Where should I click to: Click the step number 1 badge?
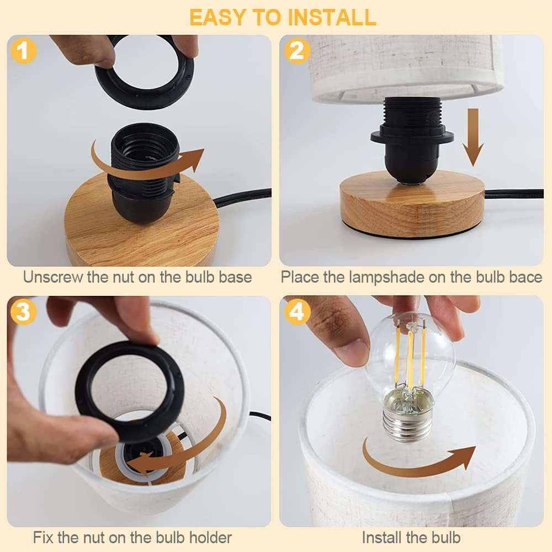click(23, 51)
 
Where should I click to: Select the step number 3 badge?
click(23, 312)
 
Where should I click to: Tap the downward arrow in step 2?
click(473, 138)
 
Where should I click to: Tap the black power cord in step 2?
click(513, 194)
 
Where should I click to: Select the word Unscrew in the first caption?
click(53, 277)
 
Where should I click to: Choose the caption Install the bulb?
click(411, 537)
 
